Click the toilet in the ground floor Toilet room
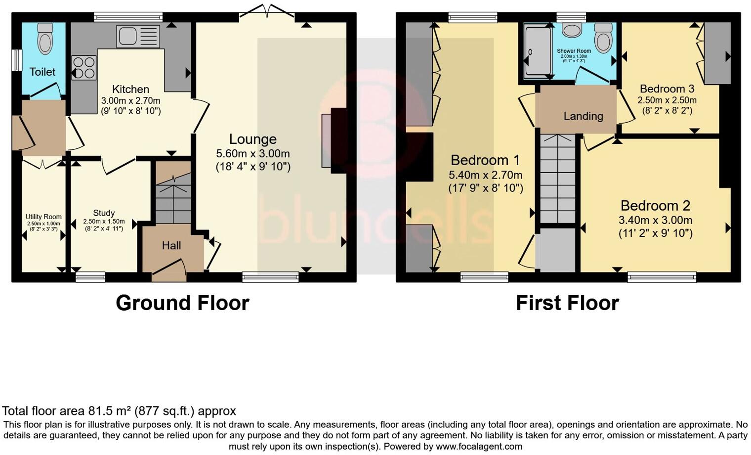[x=45, y=39]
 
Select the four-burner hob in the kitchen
[x=84, y=68]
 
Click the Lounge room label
[x=252, y=139]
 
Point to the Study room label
[x=104, y=213]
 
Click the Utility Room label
[x=43, y=217]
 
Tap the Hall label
[x=171, y=245]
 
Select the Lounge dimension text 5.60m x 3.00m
[x=252, y=153]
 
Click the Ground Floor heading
[x=182, y=303]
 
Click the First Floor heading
[x=567, y=303]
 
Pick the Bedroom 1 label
[x=485, y=160]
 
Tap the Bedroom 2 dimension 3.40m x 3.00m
[x=655, y=220]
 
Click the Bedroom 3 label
[x=667, y=89]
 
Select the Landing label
[x=583, y=116]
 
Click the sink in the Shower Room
[x=572, y=31]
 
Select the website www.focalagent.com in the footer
[x=479, y=447]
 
